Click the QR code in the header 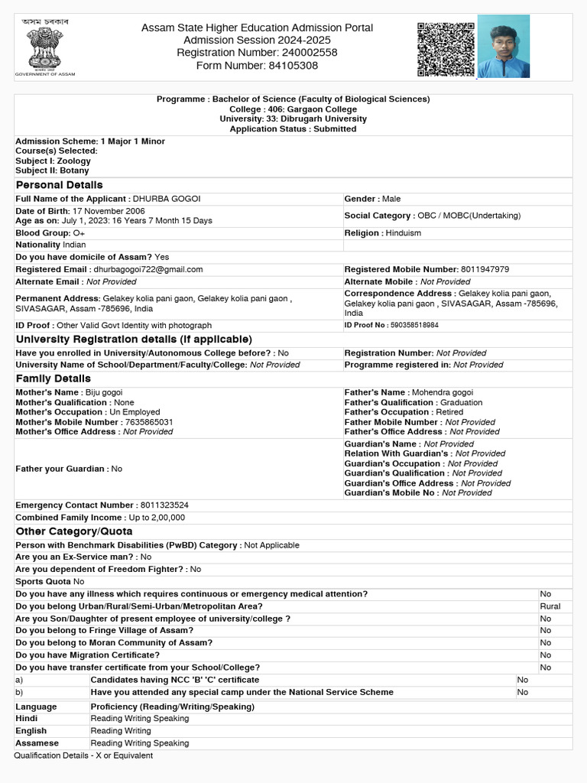pyautogui.click(x=446, y=49)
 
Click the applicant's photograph pyautogui.click(x=503, y=47)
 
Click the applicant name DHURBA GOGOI pyautogui.click(x=167, y=199)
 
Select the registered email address pyautogui.click(x=148, y=269)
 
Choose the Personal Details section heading pyautogui.click(x=60, y=185)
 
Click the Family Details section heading pyautogui.click(x=54, y=379)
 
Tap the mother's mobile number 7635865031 pyautogui.click(x=149, y=422)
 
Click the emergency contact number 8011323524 pyautogui.click(x=164, y=505)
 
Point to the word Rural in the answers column pyautogui.click(x=550, y=606)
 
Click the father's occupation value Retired pyautogui.click(x=449, y=412)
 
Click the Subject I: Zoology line pyautogui.click(x=53, y=161)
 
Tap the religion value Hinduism pyautogui.click(x=403, y=233)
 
